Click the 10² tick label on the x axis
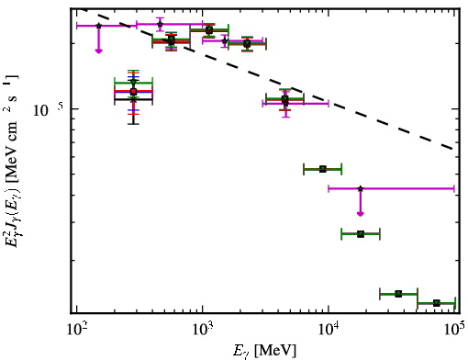click(x=77, y=331)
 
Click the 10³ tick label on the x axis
click(x=203, y=331)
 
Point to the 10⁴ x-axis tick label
click(x=329, y=331)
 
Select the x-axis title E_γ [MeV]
click(x=264, y=351)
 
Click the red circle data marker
click(x=133, y=91)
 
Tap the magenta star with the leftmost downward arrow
click(x=98, y=26)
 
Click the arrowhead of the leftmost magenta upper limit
click(x=98, y=51)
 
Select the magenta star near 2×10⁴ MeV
click(x=361, y=188)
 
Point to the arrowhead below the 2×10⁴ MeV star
click(x=361, y=214)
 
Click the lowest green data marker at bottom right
click(x=437, y=303)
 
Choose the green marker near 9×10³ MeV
click(x=323, y=169)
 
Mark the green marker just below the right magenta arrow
click(x=361, y=234)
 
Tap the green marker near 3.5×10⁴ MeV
click(x=398, y=294)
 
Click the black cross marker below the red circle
click(x=133, y=99)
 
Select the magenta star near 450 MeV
click(x=160, y=24)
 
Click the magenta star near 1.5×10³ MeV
click(x=225, y=40)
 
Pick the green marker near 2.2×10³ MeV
click(x=247, y=44)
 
